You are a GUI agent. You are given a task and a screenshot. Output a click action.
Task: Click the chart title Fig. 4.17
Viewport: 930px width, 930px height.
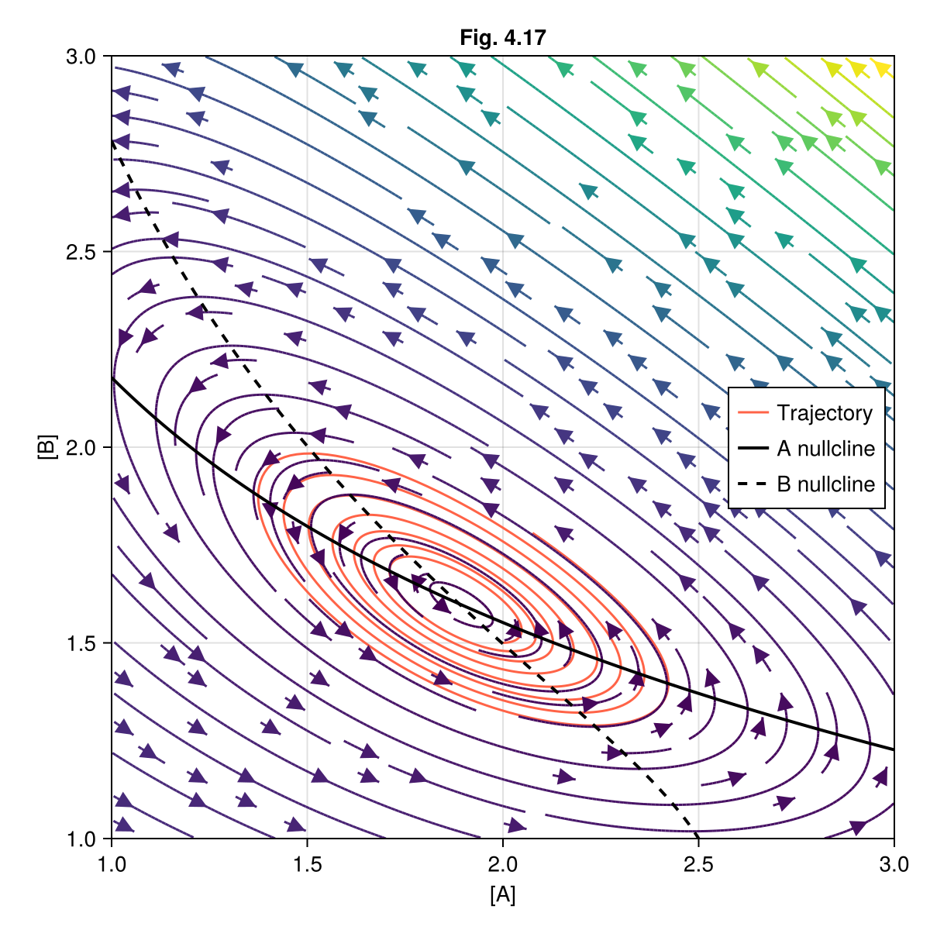[503, 37]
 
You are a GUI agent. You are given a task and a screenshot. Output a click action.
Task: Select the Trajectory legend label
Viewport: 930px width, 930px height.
[825, 413]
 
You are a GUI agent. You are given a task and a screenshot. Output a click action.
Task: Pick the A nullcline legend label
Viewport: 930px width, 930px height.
[825, 449]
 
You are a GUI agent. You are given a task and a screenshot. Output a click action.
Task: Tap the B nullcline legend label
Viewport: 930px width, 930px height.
[825, 484]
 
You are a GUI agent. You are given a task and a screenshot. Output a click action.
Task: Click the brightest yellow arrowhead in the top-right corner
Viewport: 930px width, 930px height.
[883, 68]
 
